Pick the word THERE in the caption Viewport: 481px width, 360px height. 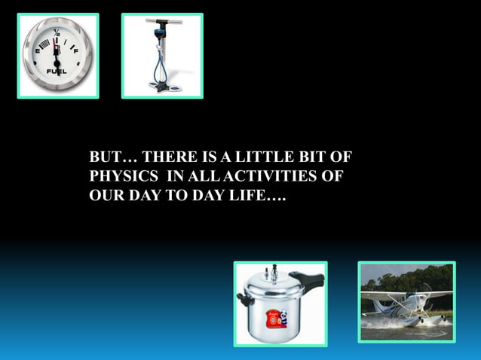166,158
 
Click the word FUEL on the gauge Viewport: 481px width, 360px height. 57,72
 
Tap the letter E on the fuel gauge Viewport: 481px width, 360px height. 37,51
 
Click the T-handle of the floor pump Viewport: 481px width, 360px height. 161,21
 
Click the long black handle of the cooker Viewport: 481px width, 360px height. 306,280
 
